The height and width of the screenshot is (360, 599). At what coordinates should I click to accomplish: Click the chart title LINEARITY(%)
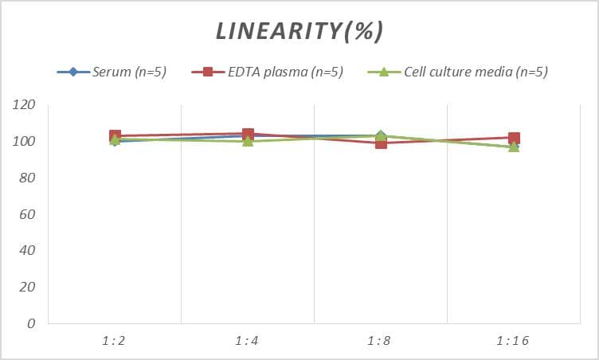pyautogui.click(x=299, y=31)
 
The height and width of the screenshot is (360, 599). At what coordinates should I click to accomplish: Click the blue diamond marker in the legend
pyautogui.click(x=73, y=72)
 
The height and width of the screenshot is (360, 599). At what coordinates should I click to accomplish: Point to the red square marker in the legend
pyautogui.click(x=208, y=72)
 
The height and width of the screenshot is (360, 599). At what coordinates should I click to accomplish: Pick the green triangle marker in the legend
pyautogui.click(x=383, y=72)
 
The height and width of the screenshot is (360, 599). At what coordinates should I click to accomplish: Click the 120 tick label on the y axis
pyautogui.click(x=25, y=105)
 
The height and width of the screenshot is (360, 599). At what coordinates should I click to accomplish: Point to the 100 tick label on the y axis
pyautogui.click(x=25, y=142)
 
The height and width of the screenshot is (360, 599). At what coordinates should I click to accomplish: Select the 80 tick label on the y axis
pyautogui.click(x=28, y=178)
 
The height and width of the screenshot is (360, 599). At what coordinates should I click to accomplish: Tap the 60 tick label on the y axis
pyautogui.click(x=28, y=214)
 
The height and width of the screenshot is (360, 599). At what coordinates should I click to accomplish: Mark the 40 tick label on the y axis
pyautogui.click(x=28, y=251)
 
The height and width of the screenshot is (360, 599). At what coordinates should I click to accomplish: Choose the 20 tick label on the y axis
pyautogui.click(x=28, y=287)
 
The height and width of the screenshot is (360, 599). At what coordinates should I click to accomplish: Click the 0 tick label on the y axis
pyautogui.click(x=32, y=323)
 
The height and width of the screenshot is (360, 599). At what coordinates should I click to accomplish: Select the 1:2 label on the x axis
pyautogui.click(x=115, y=341)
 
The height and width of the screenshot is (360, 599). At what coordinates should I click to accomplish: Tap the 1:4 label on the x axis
pyautogui.click(x=248, y=341)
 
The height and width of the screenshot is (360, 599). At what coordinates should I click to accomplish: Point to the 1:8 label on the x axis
pyautogui.click(x=381, y=341)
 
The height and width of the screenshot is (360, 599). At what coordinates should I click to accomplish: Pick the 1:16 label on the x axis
pyautogui.click(x=514, y=341)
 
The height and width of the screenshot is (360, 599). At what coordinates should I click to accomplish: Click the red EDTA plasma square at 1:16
pyautogui.click(x=514, y=139)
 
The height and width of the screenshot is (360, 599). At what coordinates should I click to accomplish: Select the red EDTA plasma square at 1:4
pyautogui.click(x=248, y=135)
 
